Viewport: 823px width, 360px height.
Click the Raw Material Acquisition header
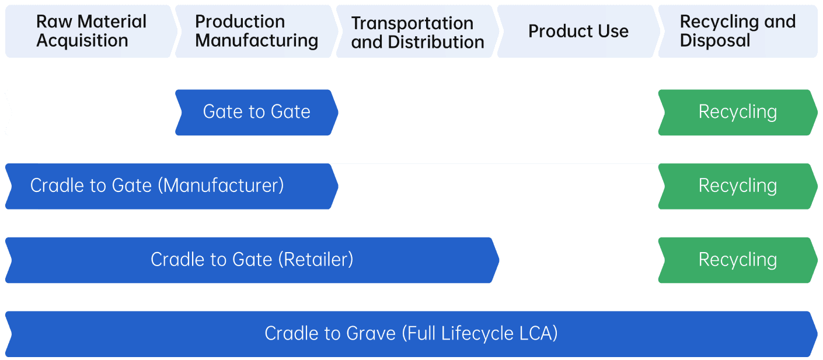click(90, 32)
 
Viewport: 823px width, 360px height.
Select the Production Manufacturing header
click(256, 32)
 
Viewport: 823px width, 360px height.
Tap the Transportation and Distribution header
click(417, 32)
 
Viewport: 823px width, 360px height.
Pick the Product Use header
click(578, 32)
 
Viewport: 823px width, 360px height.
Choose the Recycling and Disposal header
click(737, 32)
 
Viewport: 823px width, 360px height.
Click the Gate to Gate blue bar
click(256, 112)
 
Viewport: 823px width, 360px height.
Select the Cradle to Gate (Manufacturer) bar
click(169, 186)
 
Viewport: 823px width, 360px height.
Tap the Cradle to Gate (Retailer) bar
click(252, 260)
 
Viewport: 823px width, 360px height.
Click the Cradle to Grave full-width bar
click(411, 334)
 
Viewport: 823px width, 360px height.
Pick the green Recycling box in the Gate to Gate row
click(737, 112)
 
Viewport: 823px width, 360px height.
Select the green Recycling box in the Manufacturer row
click(737, 186)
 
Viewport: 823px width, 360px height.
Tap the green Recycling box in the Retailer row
click(737, 260)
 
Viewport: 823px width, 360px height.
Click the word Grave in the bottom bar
click(371, 334)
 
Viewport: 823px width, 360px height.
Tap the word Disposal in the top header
click(715, 41)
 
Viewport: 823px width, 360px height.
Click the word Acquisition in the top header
click(82, 41)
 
